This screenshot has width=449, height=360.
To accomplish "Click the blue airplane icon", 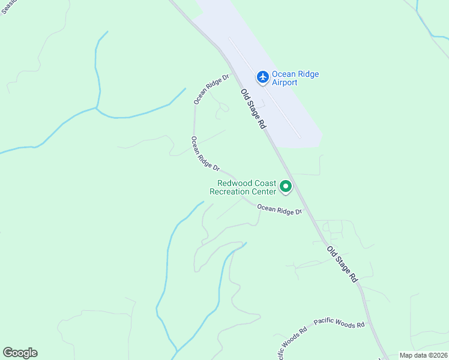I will click(262, 77).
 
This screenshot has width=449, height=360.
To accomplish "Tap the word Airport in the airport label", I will click(285, 83).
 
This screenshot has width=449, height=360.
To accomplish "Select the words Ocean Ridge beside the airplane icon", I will click(295, 74).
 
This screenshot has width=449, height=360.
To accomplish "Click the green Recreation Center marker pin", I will click(286, 188).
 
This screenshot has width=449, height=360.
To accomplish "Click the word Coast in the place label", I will click(265, 184).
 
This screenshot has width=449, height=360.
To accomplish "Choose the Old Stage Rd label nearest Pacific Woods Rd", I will click(342, 264).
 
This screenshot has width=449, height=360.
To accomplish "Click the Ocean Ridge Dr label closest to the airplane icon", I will click(211, 89).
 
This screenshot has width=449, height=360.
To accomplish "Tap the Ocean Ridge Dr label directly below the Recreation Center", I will click(279, 211).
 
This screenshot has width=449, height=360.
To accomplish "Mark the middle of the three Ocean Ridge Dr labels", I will click(205, 153).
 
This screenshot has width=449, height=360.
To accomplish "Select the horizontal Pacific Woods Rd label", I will click(339, 324).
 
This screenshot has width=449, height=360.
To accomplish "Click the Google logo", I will click(20, 353).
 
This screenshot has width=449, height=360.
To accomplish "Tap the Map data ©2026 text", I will click(424, 355).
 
